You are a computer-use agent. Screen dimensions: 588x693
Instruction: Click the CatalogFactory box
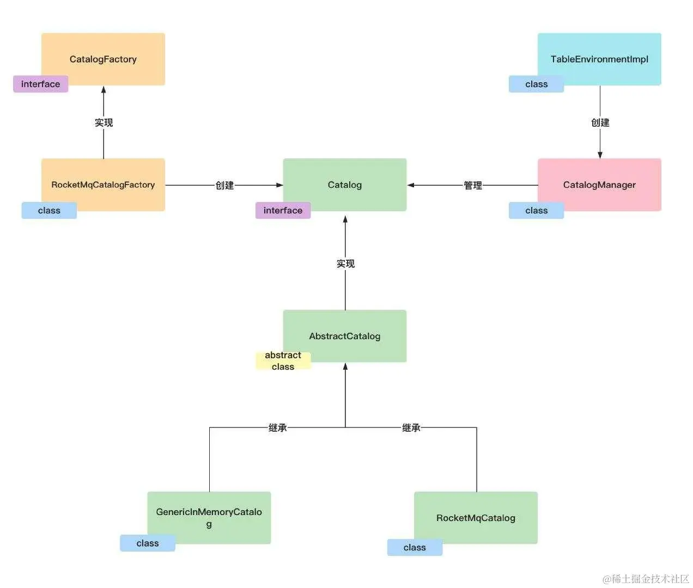point(103,59)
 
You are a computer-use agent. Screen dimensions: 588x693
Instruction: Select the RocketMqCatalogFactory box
point(103,185)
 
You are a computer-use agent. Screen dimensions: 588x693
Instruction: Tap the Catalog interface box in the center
point(345,185)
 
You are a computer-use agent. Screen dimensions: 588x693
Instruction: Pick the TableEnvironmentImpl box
point(599,59)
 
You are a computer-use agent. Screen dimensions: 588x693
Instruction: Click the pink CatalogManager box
point(599,185)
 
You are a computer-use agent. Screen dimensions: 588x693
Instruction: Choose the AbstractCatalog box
point(345,336)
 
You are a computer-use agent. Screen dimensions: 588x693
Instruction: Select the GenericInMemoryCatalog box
point(209,517)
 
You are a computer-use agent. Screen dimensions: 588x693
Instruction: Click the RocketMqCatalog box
point(476,517)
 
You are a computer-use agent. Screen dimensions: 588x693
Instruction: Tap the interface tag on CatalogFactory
point(41,84)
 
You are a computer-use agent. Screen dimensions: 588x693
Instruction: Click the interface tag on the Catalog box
point(283,210)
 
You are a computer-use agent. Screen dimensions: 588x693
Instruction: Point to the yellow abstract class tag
point(283,361)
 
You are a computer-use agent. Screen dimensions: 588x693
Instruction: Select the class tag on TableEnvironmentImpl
point(536,84)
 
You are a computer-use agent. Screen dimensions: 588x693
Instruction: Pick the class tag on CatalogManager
point(536,210)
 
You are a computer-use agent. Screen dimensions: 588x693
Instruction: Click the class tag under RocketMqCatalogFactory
point(49,210)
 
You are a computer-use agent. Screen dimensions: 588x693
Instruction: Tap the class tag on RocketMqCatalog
point(415,547)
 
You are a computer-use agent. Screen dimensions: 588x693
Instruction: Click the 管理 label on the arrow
point(473,186)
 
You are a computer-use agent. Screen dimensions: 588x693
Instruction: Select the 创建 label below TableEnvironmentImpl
point(600,122)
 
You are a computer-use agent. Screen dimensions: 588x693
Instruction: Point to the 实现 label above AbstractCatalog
point(345,264)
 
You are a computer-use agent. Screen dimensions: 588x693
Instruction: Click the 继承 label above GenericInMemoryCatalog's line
point(278,428)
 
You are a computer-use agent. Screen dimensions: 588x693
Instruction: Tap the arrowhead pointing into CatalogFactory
point(104,90)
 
